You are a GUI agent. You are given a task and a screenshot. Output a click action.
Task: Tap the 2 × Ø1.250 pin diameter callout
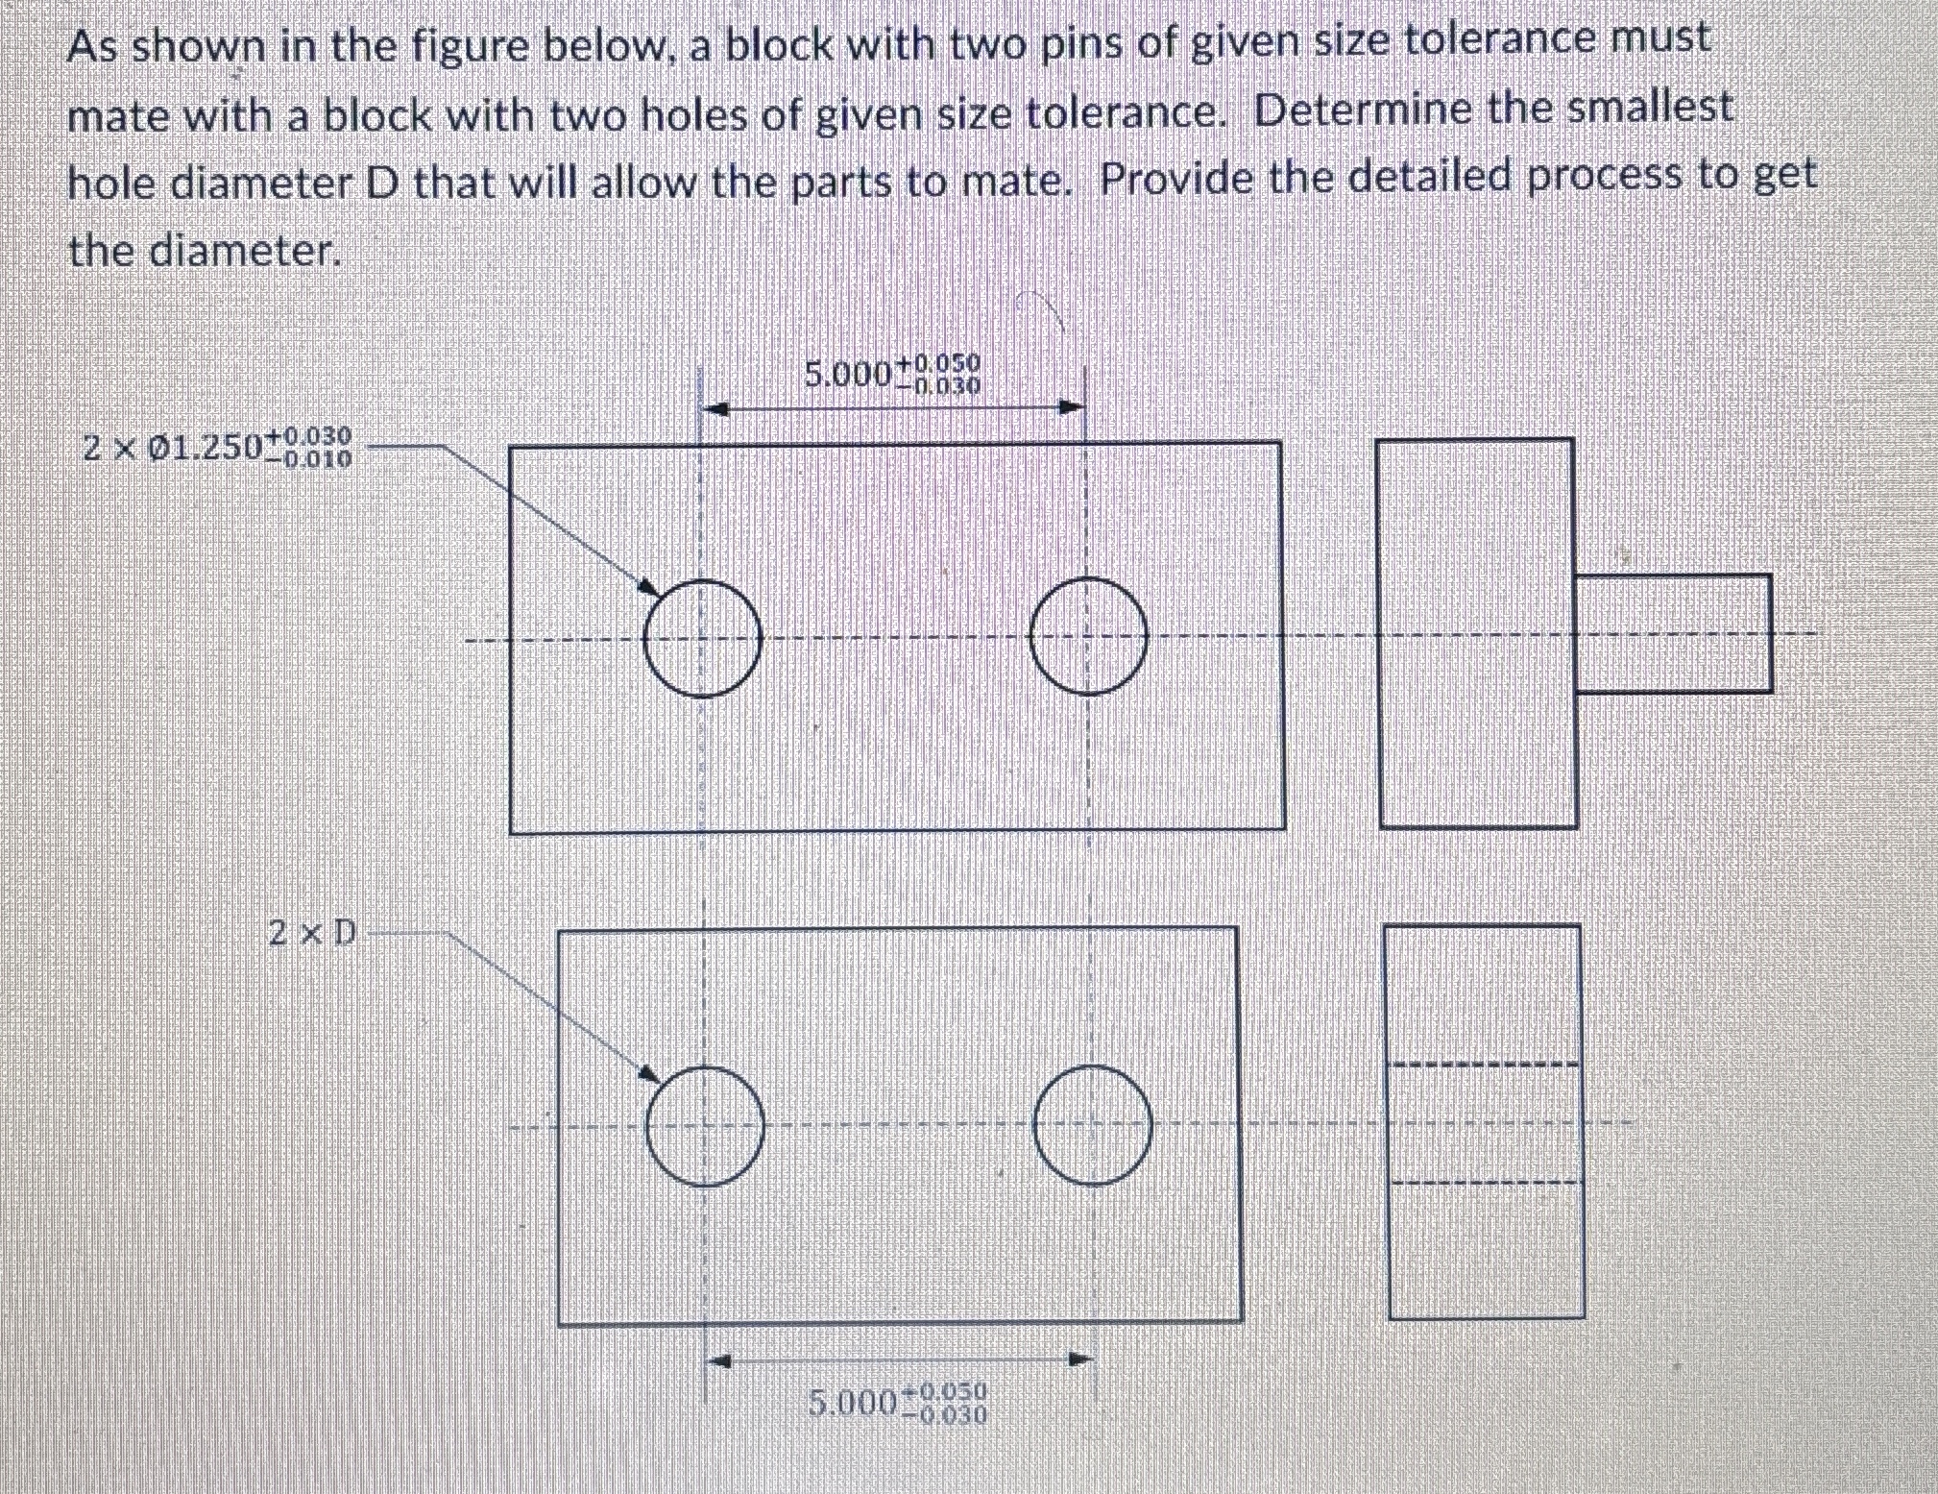tap(217, 448)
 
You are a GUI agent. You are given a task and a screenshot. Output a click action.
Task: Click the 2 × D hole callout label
tap(312, 932)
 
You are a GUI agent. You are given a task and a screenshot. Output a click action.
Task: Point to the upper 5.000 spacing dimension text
tap(892, 374)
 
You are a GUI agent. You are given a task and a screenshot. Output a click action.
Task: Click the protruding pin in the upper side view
tap(1673, 633)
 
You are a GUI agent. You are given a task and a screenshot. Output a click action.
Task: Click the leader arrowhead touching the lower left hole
tap(650, 1073)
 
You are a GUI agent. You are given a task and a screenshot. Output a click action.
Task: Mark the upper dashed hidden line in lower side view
tap(1484, 1064)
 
